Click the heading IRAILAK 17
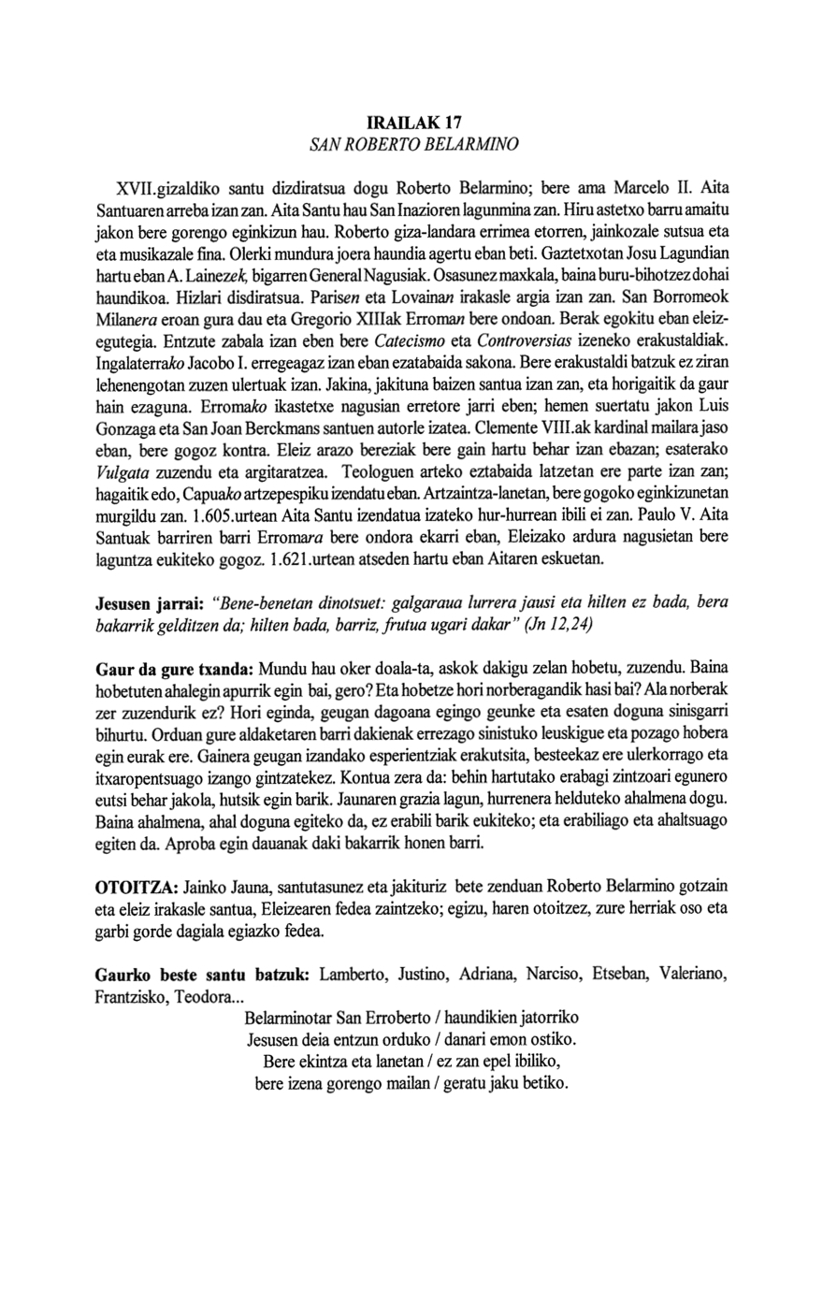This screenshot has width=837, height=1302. (417, 123)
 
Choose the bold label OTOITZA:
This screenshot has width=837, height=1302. (138, 886)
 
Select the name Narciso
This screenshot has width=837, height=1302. (552, 975)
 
